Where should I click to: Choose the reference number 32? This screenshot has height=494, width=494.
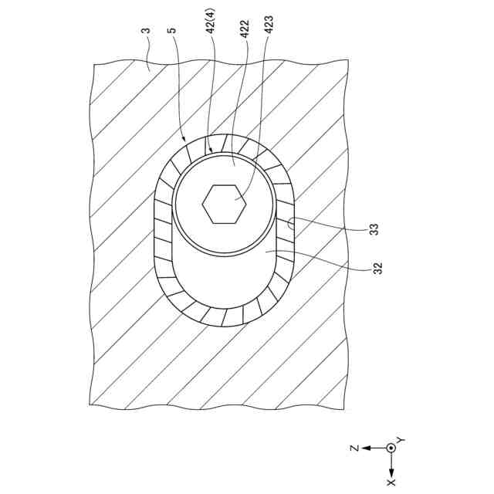coord(377,268)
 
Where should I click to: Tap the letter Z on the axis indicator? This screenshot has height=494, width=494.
coord(351,448)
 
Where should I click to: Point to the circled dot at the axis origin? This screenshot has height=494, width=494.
coord(391,448)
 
